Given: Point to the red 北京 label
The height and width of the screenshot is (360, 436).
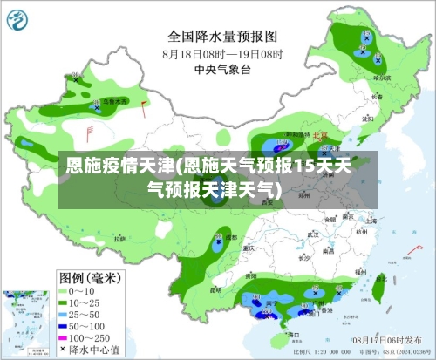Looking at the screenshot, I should tap(319, 136).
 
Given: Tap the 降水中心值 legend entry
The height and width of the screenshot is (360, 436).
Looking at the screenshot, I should tap(92, 349).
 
